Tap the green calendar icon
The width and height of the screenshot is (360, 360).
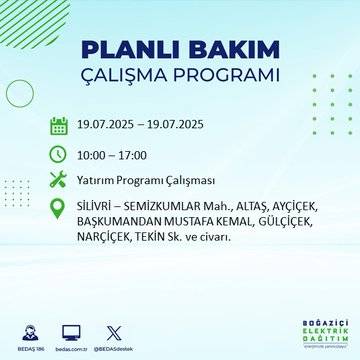59,126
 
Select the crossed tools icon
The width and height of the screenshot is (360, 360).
59,180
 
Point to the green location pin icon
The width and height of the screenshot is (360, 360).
59,208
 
